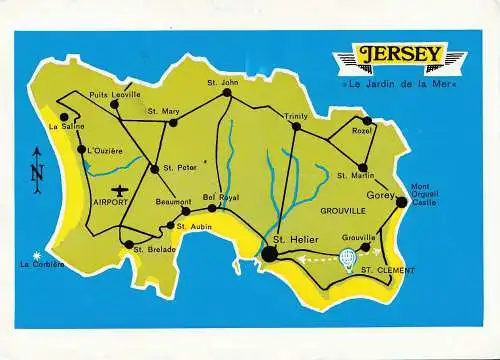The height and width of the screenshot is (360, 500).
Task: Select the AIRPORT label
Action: coord(110,202)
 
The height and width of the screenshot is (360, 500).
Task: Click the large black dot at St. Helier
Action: coord(269,255)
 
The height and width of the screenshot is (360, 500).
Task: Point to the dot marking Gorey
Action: coord(401,202)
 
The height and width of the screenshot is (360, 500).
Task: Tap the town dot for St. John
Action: coord(227,93)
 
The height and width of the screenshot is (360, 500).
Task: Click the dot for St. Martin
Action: coord(363,168)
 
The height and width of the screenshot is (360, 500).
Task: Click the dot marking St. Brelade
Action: coord(128,244)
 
